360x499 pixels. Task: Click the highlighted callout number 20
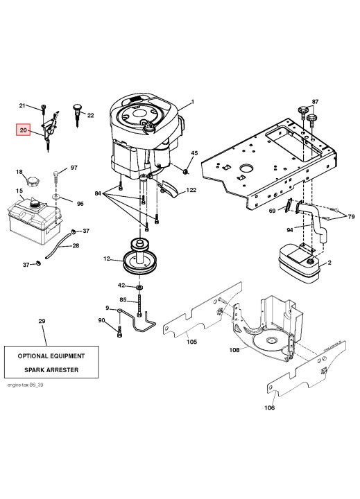[24, 130]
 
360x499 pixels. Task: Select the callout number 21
[22, 105]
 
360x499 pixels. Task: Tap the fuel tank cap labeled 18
[31, 184]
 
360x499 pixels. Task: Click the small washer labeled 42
[141, 286]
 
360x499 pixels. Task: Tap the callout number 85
[123, 299]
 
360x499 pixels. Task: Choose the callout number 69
[272, 211]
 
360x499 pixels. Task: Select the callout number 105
[191, 340]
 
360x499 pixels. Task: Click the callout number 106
[269, 408]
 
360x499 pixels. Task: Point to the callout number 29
[41, 322]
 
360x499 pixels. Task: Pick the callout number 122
[190, 190]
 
